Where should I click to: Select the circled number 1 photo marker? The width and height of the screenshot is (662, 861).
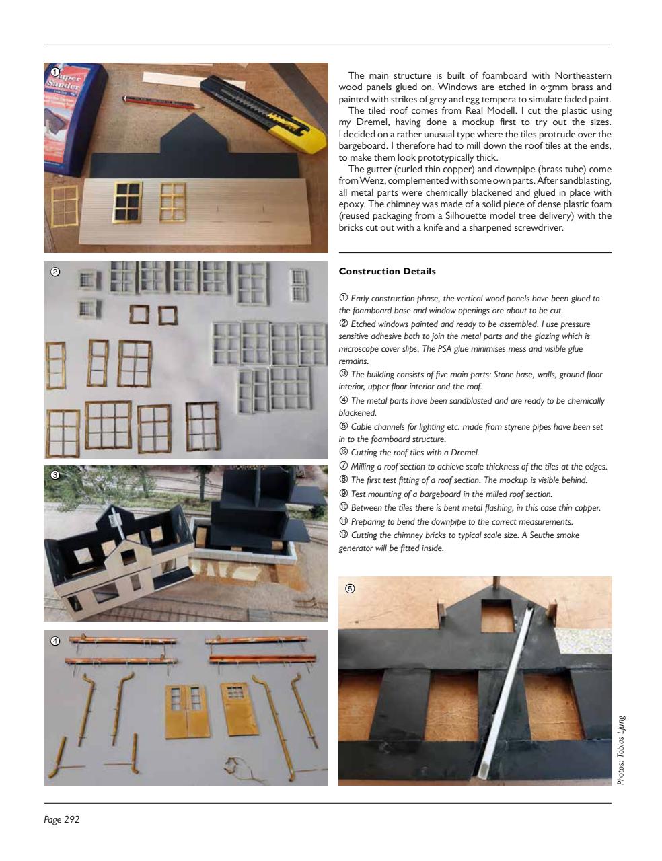coord(56,72)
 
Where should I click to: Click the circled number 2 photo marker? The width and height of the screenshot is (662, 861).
coord(56,272)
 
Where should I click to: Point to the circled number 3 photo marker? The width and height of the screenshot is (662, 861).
coord(56,475)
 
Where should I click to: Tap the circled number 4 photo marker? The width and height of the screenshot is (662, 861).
coord(56,640)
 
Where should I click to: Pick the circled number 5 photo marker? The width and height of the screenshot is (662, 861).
coord(350,588)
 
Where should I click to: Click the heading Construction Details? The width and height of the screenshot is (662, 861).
coord(387,272)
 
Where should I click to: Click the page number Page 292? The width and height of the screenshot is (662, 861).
coord(62,819)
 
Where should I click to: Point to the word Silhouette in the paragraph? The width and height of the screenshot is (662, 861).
coord(488,216)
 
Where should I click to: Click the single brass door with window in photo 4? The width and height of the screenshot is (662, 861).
coord(237,710)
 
